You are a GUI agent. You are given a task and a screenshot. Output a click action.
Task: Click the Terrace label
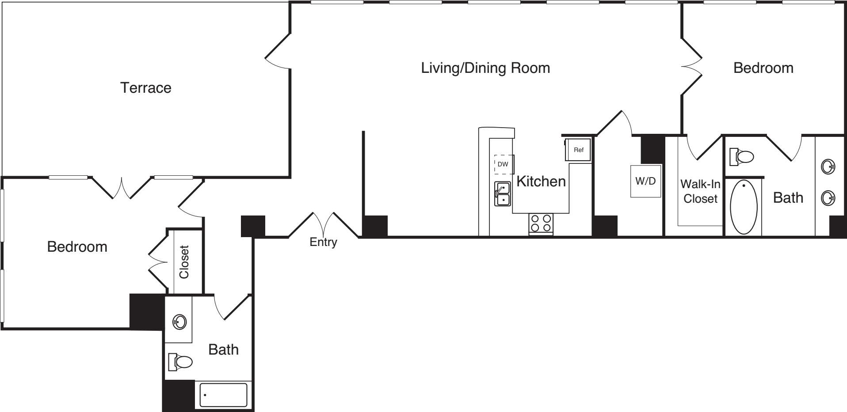145,87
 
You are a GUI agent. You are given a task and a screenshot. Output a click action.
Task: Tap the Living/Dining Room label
485,68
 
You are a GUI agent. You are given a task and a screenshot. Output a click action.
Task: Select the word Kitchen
541,181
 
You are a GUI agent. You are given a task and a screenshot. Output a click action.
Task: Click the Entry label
323,242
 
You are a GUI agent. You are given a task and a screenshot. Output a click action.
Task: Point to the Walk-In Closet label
700,191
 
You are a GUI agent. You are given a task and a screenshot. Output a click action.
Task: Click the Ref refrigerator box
578,150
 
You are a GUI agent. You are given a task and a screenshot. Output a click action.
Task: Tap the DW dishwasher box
504,164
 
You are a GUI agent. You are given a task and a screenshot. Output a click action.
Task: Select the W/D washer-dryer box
645,181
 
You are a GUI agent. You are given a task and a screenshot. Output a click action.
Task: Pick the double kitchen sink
503,194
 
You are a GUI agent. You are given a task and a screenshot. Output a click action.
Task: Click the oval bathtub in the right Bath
744,207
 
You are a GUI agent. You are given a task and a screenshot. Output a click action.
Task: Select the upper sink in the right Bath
827,167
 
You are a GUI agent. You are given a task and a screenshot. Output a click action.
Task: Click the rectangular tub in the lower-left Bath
223,395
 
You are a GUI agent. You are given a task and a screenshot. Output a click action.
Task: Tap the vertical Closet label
184,262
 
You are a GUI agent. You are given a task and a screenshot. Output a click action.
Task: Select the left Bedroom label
77,246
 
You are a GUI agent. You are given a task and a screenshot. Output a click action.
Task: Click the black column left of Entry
253,226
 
